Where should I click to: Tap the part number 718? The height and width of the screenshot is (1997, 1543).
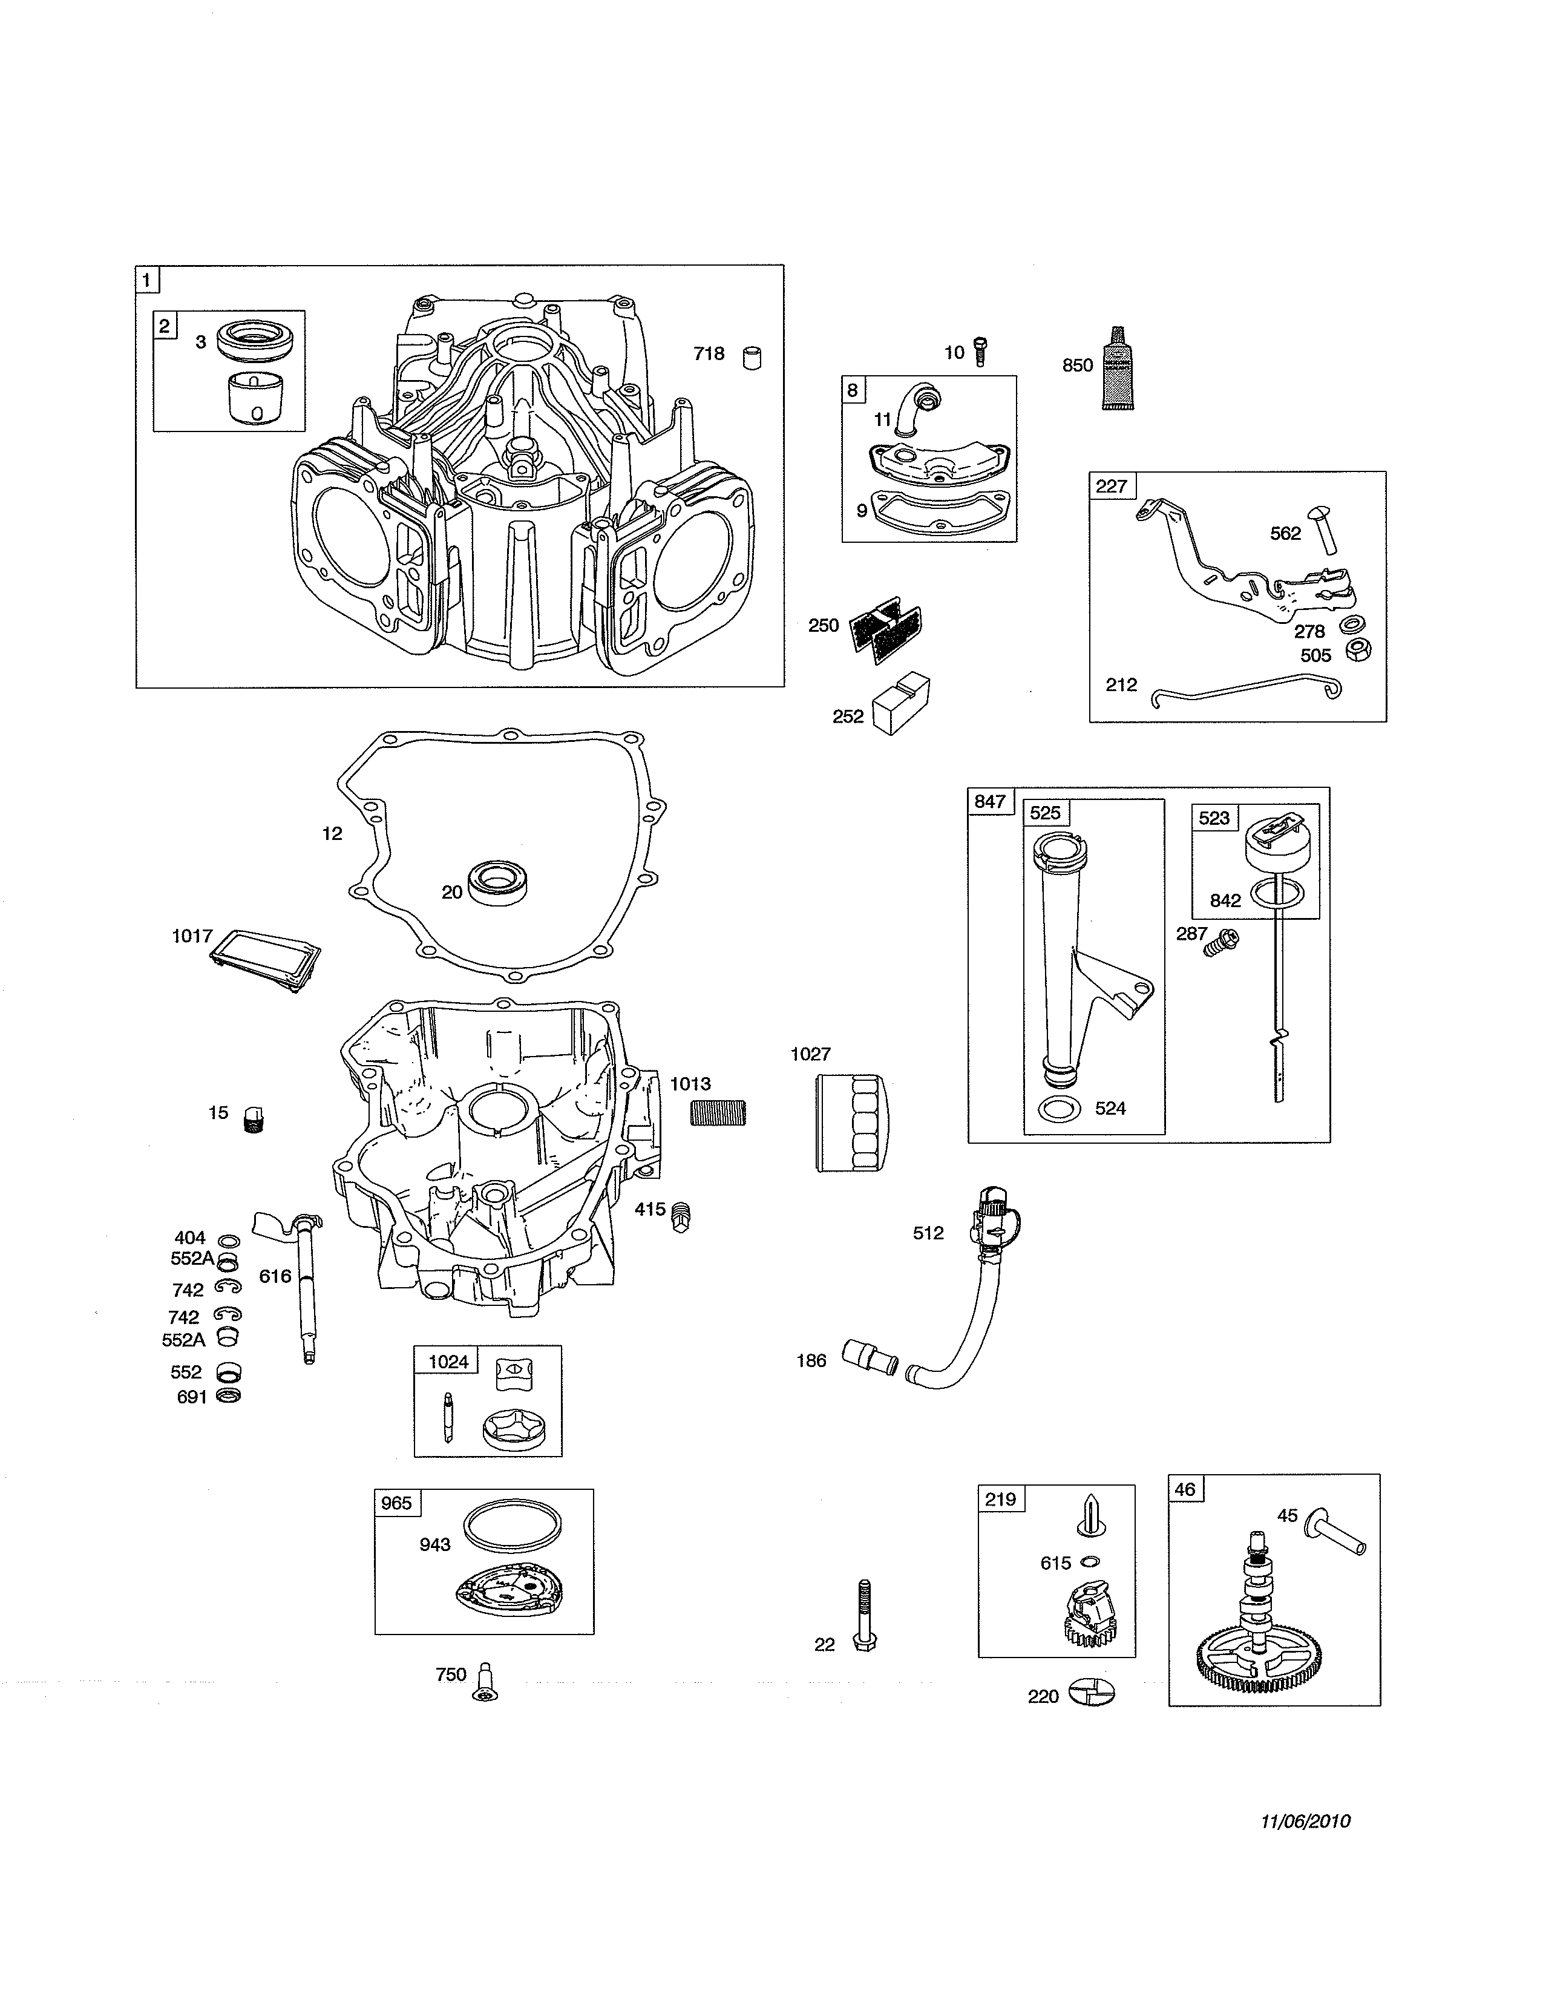point(709,354)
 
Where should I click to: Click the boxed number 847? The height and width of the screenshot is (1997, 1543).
point(990,802)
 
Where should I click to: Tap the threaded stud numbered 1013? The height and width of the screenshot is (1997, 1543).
point(718,1113)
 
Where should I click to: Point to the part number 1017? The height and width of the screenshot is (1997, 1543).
point(192,936)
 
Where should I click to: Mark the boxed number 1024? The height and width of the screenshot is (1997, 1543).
point(449,1362)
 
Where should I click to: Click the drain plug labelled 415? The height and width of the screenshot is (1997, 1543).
point(682,1216)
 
